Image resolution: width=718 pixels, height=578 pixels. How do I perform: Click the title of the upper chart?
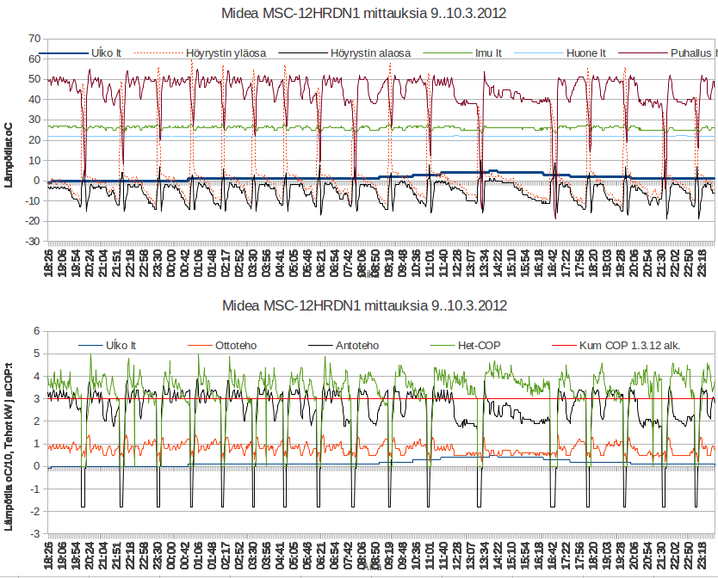click(363, 13)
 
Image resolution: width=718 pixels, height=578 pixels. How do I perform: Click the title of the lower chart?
click(363, 305)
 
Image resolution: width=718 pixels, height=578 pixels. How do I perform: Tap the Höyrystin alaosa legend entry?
click(370, 53)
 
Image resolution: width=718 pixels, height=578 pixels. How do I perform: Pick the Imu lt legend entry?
click(489, 53)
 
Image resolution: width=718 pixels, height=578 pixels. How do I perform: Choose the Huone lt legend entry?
click(586, 53)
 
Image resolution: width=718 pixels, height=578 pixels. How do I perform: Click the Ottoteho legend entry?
click(244, 346)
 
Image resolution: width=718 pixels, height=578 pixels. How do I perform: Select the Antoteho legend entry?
click(355, 346)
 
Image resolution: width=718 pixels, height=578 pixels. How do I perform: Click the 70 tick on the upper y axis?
click(34, 39)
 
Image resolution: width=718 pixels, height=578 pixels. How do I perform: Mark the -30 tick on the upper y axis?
click(33, 242)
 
